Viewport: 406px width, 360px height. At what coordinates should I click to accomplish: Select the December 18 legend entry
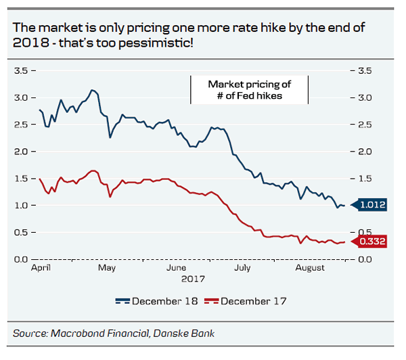157,301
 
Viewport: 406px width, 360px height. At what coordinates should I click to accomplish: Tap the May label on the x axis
106,268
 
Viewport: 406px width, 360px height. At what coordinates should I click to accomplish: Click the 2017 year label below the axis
194,278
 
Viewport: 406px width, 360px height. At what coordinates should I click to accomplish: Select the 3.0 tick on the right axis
365,97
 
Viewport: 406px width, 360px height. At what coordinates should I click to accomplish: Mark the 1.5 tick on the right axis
365,179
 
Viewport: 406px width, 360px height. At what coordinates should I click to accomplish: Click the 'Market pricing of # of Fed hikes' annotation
249,90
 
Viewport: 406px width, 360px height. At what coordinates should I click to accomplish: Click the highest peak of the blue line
93,90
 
